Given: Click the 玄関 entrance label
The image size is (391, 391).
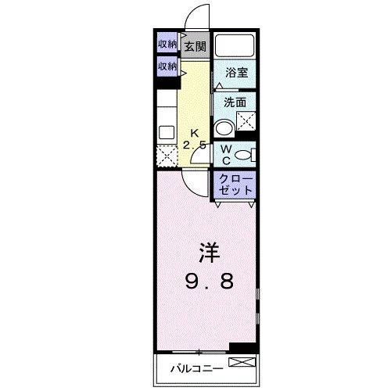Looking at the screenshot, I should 195,45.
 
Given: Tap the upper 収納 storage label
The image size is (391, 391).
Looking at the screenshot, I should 167,44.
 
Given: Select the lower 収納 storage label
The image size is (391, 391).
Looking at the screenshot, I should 167,66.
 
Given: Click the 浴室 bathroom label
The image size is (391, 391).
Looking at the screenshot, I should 236,73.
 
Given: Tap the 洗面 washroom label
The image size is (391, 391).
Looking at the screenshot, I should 235,102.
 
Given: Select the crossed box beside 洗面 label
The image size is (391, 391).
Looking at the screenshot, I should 247,120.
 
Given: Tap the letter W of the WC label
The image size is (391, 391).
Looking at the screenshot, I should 224,149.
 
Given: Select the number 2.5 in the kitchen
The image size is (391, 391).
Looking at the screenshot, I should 195,145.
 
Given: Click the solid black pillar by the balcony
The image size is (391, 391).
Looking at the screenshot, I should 242,348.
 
